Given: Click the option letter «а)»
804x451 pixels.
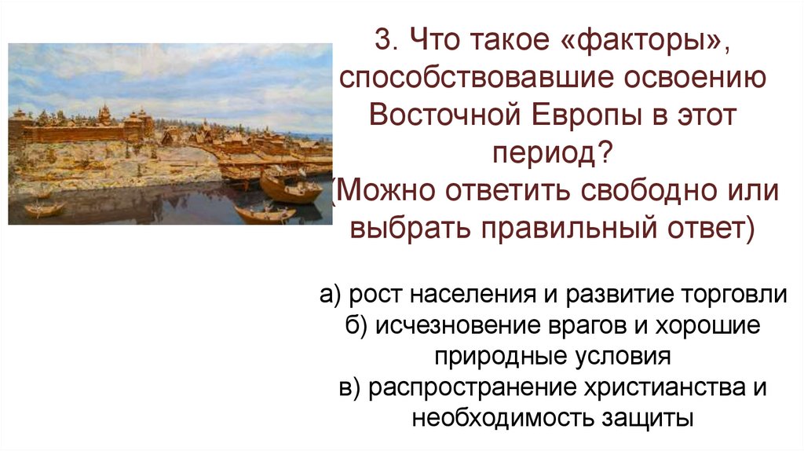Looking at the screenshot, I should click(329, 295).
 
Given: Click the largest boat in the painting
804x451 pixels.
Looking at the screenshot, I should click(290, 189).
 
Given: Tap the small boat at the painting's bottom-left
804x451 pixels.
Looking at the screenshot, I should click(44, 209).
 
